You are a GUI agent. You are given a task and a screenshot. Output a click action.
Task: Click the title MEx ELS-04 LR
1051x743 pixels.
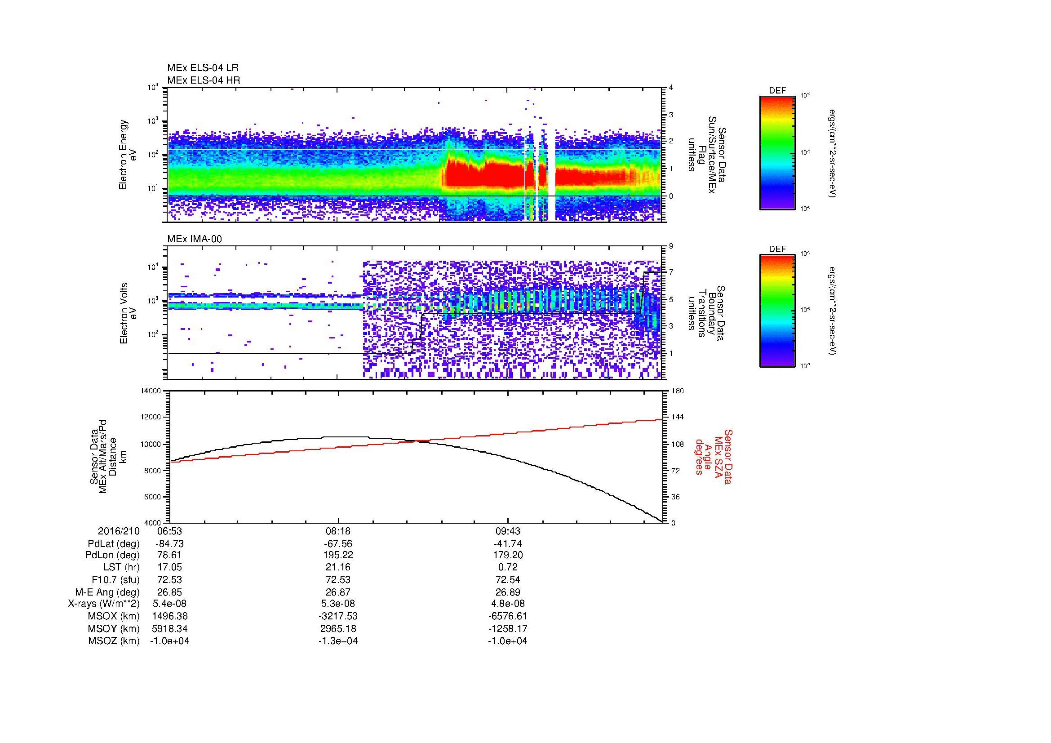(203, 68)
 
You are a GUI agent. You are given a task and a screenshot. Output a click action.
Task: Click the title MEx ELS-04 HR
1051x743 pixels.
(204, 80)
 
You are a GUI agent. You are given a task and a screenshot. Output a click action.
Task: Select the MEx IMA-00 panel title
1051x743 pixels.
(195, 239)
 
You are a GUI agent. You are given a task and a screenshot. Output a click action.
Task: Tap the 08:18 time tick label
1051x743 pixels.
(338, 531)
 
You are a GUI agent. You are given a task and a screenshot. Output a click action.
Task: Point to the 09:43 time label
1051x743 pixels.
(508, 531)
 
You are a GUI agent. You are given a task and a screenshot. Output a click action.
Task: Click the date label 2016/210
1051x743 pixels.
(119, 531)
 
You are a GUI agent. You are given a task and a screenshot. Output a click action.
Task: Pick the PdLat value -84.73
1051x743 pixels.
(169, 544)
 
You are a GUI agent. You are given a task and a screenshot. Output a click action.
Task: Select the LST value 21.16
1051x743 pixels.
(338, 568)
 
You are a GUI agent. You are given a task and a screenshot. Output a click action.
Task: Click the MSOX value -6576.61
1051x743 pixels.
(508, 616)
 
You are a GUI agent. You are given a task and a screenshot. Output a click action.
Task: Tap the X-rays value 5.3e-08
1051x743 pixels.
(338, 604)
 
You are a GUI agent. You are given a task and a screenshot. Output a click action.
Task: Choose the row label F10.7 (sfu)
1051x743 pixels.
(115, 580)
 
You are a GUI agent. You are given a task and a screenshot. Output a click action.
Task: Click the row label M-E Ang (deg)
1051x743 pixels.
(107, 592)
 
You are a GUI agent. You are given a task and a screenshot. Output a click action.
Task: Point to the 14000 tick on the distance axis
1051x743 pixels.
(151, 391)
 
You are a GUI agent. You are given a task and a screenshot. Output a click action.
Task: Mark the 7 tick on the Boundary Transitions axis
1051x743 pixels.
(671, 272)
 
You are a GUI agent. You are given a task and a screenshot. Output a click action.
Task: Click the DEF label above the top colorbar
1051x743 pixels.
(777, 91)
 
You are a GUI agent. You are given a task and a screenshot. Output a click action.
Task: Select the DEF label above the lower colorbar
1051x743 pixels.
(777, 249)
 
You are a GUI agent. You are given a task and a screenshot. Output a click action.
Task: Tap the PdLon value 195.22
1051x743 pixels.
(338, 555)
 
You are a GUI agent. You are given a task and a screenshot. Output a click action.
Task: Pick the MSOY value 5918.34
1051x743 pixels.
(169, 628)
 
